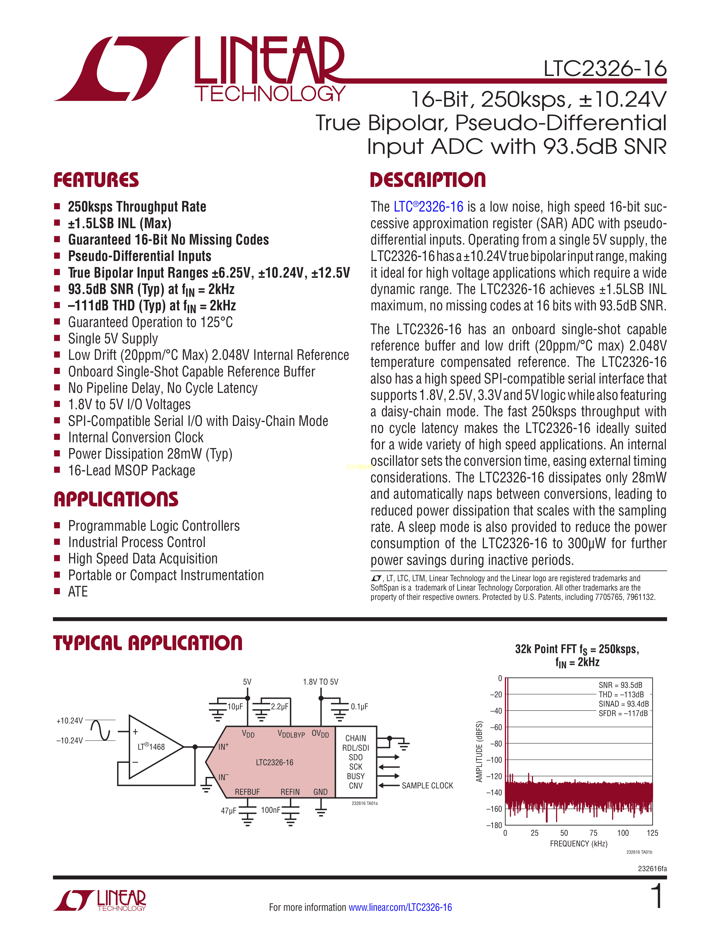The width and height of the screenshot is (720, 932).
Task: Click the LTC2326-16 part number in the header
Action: point(605,69)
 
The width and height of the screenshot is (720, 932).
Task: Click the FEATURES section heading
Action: point(96,180)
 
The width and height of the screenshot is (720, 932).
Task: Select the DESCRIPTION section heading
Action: point(427,180)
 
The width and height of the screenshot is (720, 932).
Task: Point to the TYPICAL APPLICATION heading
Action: point(148,643)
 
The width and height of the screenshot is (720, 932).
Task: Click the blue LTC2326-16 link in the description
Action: point(428,207)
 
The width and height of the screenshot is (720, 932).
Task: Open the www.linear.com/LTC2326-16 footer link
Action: point(400,907)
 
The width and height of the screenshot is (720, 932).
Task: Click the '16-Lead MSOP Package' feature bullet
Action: point(131,470)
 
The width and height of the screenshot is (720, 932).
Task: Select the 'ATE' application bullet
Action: point(78,592)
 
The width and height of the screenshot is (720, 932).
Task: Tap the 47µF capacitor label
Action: point(229,810)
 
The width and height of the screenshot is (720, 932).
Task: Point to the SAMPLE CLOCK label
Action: point(427,786)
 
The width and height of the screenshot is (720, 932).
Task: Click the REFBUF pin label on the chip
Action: point(247,792)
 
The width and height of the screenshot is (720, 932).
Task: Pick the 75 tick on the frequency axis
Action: point(593,833)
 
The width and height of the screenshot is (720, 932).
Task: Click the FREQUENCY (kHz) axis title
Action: point(578,844)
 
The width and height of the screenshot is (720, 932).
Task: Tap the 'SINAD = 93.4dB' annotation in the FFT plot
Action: point(623,704)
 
